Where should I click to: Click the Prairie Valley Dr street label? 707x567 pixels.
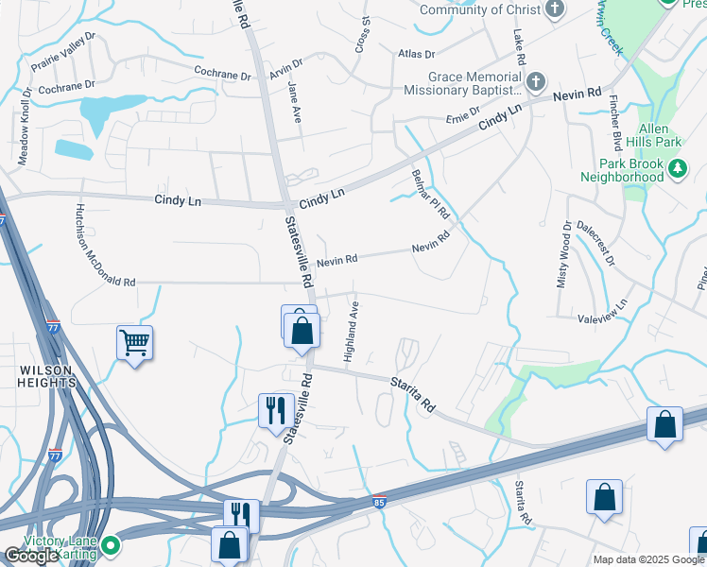(x=63, y=52)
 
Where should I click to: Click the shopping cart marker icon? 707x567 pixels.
(x=134, y=342)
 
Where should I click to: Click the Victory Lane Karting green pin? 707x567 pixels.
(x=111, y=544)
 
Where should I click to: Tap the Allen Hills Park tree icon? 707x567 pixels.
(x=677, y=168)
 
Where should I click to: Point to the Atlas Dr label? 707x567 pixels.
(x=416, y=55)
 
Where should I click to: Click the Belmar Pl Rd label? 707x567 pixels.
(x=430, y=195)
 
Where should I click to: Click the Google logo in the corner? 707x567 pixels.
(x=30, y=556)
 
